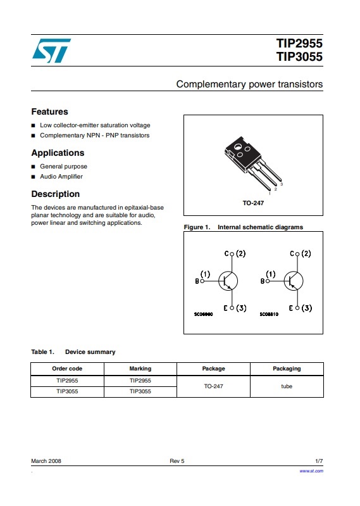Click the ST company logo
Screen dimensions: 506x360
pyautogui.click(x=51, y=50)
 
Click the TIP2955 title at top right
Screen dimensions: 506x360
pyautogui.click(x=299, y=44)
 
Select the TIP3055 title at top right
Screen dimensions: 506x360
pyautogui.click(x=299, y=57)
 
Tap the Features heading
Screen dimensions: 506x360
pyautogui.click(x=49, y=111)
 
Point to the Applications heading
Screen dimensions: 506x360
pyautogui.click(x=58, y=153)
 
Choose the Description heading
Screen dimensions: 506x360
pyautogui.click(x=56, y=194)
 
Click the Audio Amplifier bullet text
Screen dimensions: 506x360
pyautogui.click(x=61, y=177)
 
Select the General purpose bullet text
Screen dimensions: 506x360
pyautogui.click(x=63, y=167)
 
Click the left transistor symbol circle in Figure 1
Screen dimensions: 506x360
pyautogui.click(x=228, y=281)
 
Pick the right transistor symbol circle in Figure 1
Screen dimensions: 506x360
pyautogui.click(x=294, y=281)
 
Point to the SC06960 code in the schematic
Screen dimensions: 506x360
pyautogui.click(x=203, y=313)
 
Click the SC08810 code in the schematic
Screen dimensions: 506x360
pyautogui.click(x=269, y=313)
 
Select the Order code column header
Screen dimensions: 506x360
pyautogui.click(x=67, y=369)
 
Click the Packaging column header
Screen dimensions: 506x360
pyautogui.click(x=287, y=369)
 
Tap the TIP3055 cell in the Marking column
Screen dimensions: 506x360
pyautogui.click(x=140, y=391)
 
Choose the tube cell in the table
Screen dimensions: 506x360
pyautogui.click(x=287, y=386)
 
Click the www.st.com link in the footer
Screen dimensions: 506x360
pyautogui.click(x=311, y=471)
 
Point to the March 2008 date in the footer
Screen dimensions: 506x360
pyautogui.click(x=46, y=461)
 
